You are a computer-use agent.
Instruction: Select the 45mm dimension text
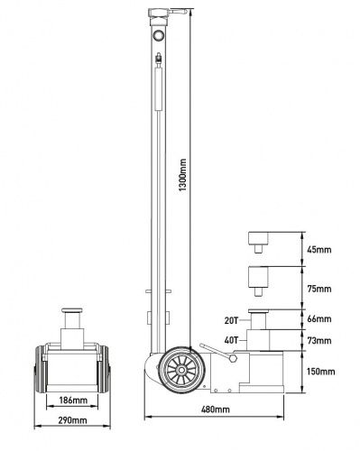tap(319, 251)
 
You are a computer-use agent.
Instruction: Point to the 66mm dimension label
tap(319, 320)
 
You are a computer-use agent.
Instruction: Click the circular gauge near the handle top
tap(159, 35)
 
